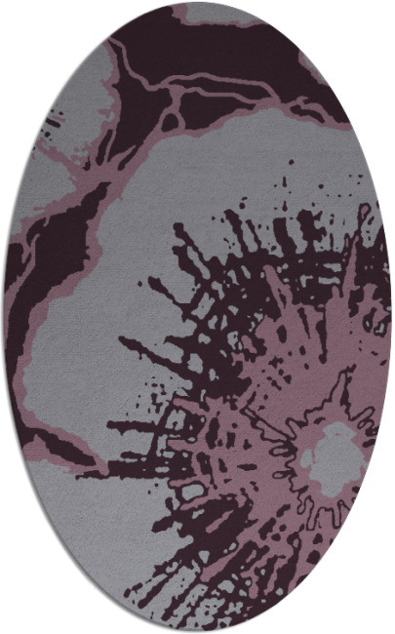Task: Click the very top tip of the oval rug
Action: (198, 3)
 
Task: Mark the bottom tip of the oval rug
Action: (198, 631)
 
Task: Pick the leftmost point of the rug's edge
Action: (4, 317)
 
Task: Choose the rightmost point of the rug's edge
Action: (391, 317)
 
